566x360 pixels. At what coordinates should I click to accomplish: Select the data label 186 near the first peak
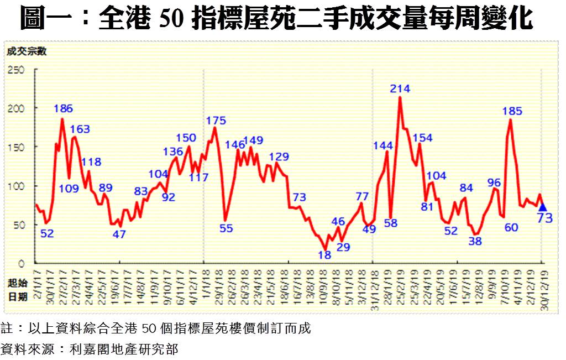[x=64, y=108]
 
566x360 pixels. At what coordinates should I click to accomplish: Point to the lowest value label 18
[x=324, y=255]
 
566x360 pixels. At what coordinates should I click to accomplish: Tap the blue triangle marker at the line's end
[x=542, y=207]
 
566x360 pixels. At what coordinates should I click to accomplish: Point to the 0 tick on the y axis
[x=23, y=263]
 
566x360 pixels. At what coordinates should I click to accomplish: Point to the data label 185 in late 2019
[x=512, y=111]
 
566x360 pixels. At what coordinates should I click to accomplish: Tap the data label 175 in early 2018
[x=216, y=121]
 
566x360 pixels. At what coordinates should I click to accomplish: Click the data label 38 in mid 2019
[x=475, y=241]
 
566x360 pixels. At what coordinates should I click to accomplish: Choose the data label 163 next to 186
[x=80, y=129]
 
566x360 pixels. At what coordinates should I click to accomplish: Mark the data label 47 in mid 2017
[x=119, y=234]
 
